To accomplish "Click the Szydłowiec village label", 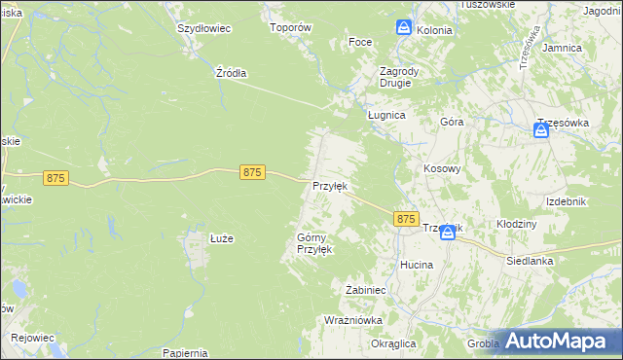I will pos(203,28).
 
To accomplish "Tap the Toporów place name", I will pos(289,28).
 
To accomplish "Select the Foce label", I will pos(360,43).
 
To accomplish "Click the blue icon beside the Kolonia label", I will pos(404,29).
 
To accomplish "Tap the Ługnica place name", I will pos(385,114).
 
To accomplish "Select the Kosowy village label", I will pos(441,168).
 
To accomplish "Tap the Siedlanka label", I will pos(530,261).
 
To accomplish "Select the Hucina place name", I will pos(417,265).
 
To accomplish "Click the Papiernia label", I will pos(187,352).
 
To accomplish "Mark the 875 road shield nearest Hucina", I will pos(406,220).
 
